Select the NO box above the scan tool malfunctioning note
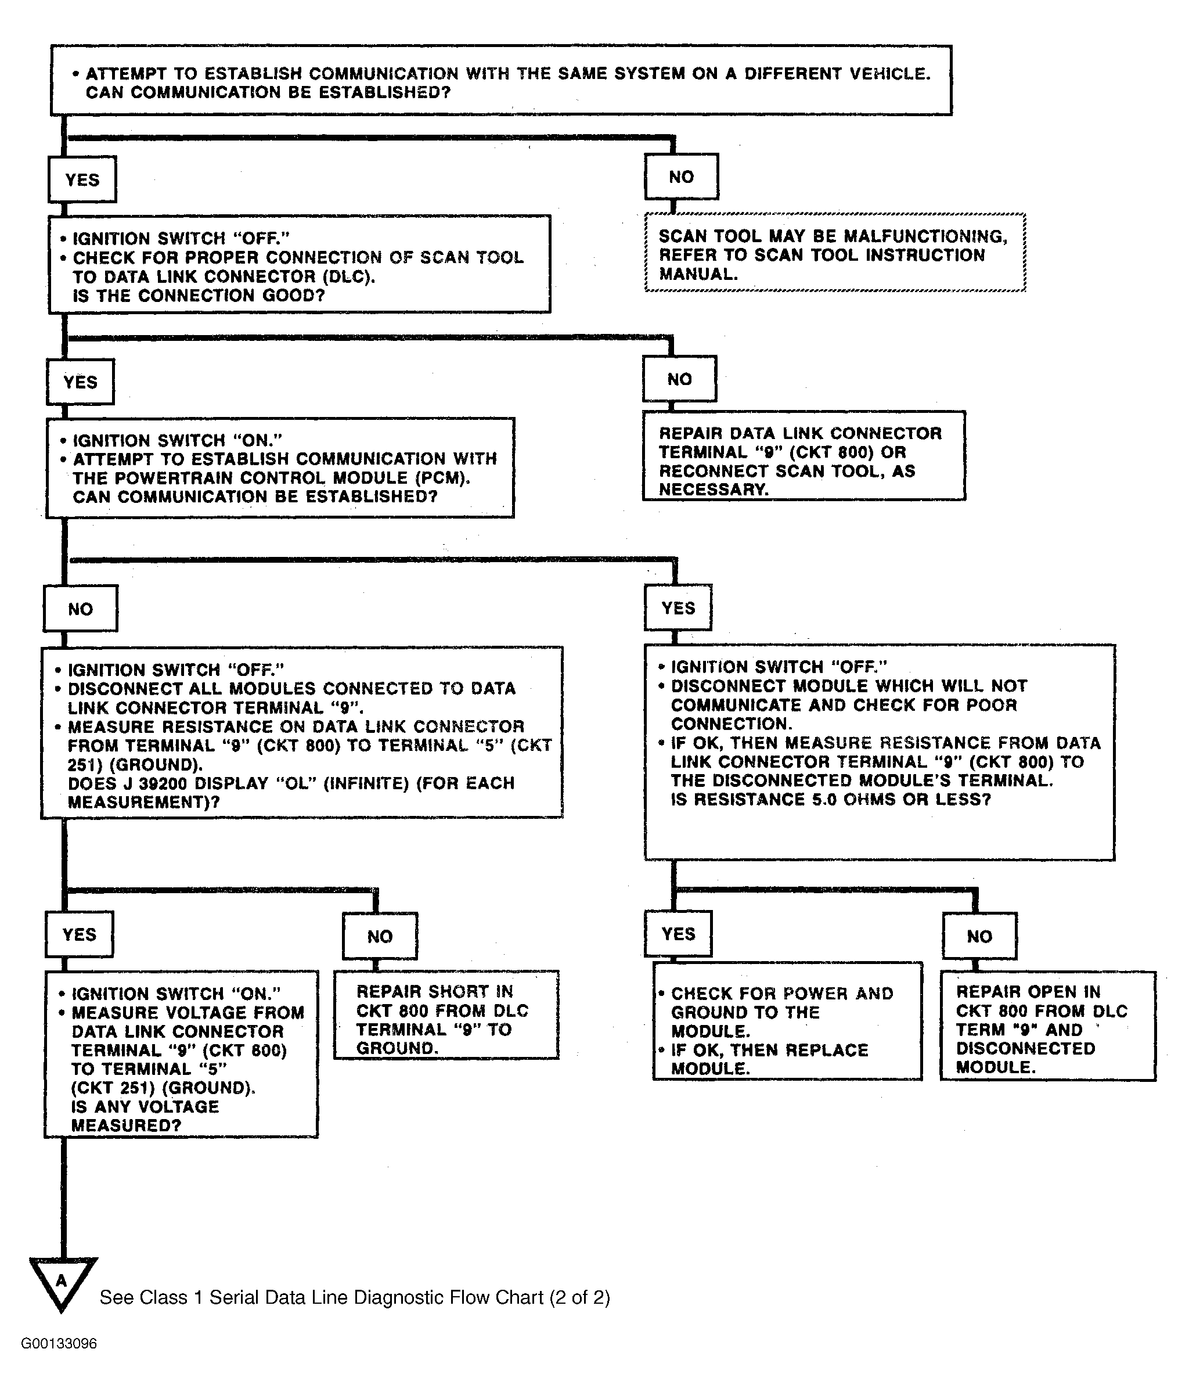[x=681, y=177]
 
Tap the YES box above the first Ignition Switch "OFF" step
[x=82, y=179]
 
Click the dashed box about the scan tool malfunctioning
[x=835, y=253]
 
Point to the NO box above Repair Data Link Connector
[x=679, y=379]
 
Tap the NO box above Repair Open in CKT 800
[x=979, y=936]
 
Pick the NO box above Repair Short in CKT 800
[x=380, y=936]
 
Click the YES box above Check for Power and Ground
[x=678, y=934]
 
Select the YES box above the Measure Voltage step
[x=80, y=934]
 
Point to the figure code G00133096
[x=59, y=1344]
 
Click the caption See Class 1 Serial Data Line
[x=355, y=1297]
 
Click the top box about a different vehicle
[x=501, y=81]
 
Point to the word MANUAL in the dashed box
[x=698, y=274]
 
